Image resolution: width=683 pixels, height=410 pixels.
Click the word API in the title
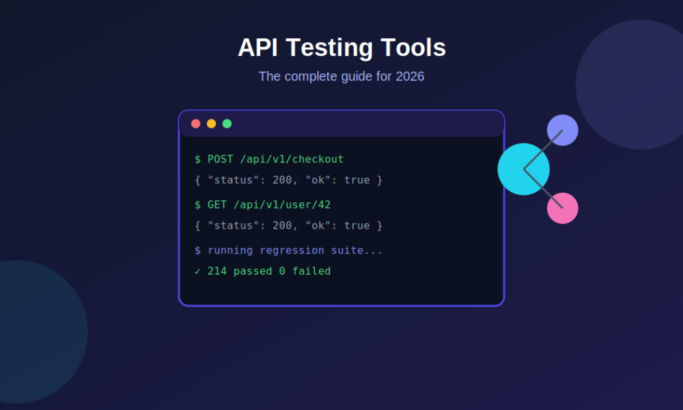258,47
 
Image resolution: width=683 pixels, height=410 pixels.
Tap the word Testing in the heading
330,48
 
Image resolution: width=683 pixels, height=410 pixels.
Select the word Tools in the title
413,47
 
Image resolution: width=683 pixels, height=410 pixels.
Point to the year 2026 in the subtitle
410,77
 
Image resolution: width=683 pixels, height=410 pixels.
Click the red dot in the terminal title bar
195,124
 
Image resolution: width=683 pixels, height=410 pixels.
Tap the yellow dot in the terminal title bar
211,124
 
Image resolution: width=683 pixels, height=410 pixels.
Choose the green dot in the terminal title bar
227,124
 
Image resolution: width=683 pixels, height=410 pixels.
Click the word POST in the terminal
221,159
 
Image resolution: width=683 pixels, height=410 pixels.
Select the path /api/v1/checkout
292,159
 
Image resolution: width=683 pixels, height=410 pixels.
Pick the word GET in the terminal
217,204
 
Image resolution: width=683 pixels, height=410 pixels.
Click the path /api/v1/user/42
282,205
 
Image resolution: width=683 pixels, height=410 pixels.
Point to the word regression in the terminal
292,251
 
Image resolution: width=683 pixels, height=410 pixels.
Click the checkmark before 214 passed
197,271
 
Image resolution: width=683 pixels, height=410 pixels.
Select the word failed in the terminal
311,271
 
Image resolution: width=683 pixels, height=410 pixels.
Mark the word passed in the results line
253,271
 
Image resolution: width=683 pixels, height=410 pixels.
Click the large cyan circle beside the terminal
524,169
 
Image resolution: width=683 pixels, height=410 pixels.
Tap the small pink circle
563,208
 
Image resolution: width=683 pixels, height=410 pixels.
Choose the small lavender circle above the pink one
563,131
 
